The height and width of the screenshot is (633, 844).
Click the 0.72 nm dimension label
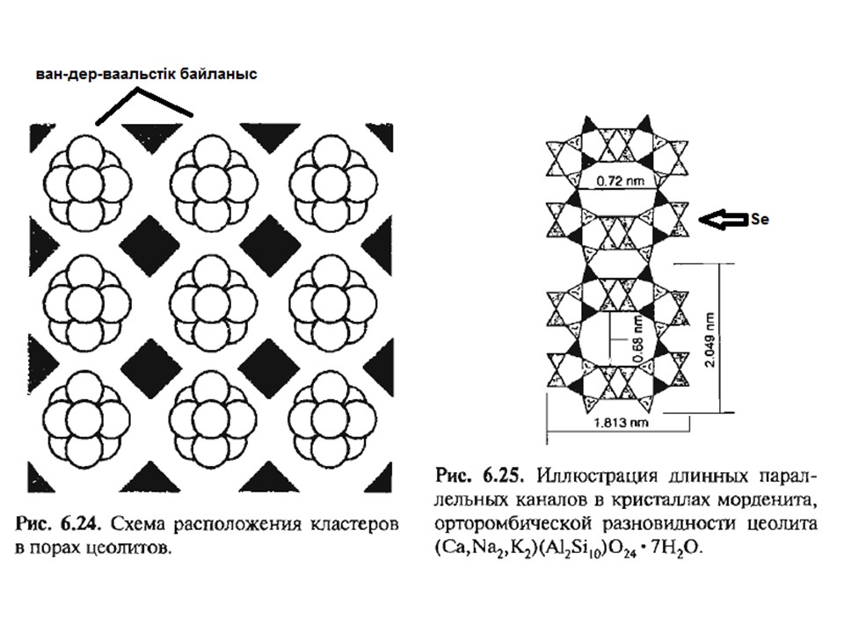pos(620,181)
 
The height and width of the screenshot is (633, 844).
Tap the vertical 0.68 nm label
pos(638,338)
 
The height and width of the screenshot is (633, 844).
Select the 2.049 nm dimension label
pos(710,340)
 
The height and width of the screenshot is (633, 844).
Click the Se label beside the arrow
pos(760,219)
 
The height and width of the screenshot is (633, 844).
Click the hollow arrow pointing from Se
pos(723,219)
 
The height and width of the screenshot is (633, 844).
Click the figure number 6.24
pos(81,523)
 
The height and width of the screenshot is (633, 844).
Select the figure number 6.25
pos(501,476)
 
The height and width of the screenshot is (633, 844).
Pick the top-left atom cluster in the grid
pos(87,183)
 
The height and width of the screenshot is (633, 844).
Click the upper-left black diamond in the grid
pos(149,243)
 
